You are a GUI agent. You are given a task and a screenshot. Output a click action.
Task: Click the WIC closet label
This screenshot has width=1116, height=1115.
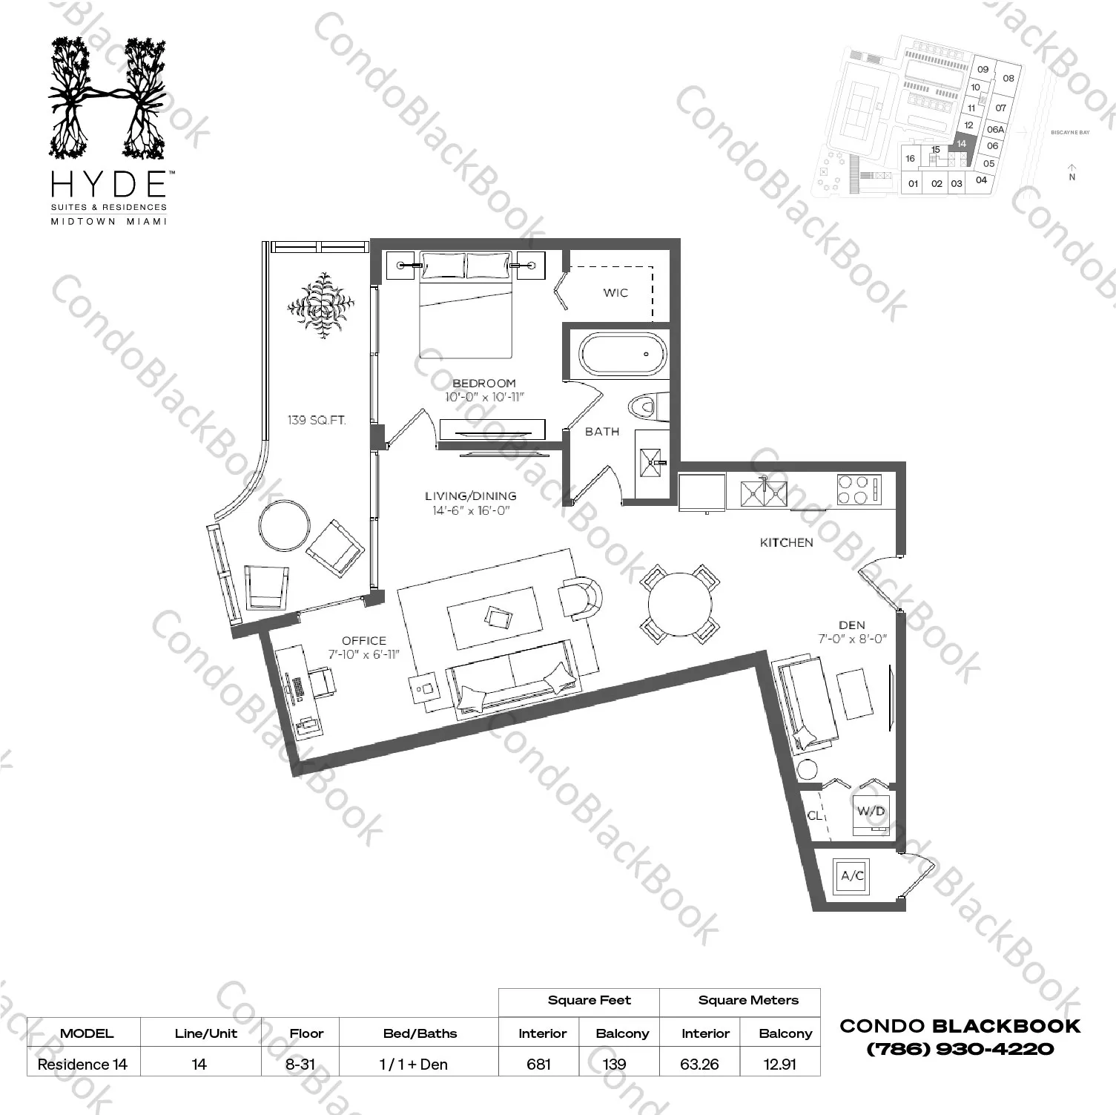tap(615, 292)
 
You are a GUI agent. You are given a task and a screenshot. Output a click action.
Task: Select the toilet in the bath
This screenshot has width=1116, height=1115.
tap(643, 407)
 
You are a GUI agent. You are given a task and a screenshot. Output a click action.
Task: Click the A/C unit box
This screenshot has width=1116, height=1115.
tap(852, 876)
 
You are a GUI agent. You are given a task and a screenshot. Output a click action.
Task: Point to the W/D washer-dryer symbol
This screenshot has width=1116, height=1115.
tap(871, 812)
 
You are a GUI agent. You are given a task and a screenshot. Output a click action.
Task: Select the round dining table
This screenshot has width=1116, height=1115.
tap(679, 603)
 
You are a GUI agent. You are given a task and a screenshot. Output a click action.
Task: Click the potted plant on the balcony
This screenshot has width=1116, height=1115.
tap(321, 305)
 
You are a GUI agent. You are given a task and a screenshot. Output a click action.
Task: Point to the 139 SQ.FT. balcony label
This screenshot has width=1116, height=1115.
tap(317, 420)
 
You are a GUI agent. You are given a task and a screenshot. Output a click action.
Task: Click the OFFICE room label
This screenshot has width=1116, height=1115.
tap(363, 640)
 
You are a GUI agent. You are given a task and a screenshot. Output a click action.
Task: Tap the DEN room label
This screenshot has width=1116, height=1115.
tap(852, 625)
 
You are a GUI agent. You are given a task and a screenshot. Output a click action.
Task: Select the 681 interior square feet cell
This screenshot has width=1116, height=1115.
tap(538, 1064)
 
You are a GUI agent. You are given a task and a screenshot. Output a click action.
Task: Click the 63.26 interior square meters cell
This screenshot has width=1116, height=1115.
tap(699, 1064)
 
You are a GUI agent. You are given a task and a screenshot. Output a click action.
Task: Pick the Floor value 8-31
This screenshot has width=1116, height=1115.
tap(302, 1064)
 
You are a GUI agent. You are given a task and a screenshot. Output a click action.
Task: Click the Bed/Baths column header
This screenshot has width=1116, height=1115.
tap(420, 1033)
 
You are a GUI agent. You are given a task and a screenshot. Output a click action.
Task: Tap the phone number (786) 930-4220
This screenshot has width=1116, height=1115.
tap(960, 1049)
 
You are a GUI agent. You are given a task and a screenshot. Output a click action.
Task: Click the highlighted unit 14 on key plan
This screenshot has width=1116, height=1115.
tap(962, 145)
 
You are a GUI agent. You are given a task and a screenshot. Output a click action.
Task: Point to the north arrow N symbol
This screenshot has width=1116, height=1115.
tap(1072, 172)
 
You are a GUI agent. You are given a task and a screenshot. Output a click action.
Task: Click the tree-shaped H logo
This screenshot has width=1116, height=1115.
tap(108, 99)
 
